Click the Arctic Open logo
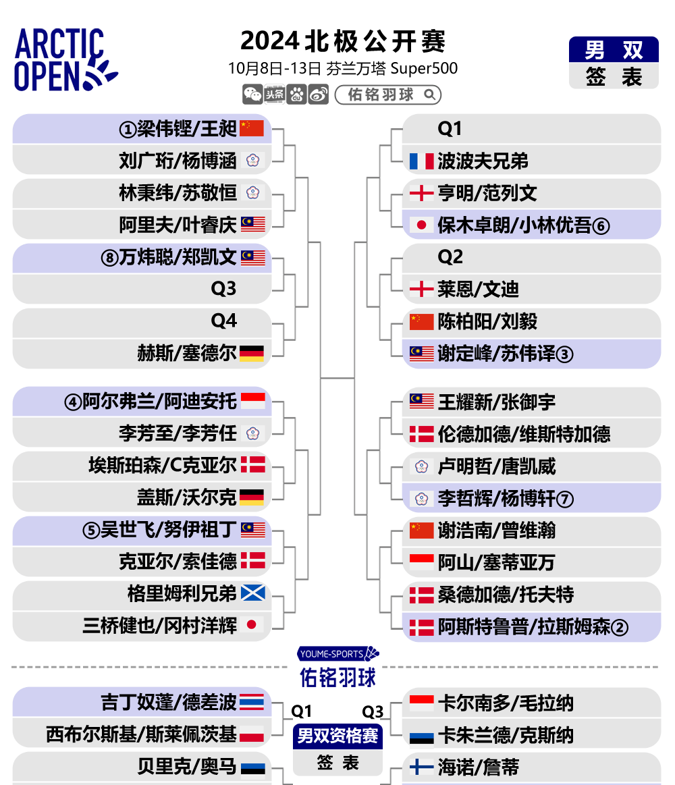coord(65,59)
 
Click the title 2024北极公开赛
coord(342,41)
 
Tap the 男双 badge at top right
coord(614,49)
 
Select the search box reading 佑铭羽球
coord(387,94)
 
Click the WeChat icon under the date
coord(252,94)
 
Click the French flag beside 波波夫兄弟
coord(422,161)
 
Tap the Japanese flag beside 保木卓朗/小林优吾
coord(422,225)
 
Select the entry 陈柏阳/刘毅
coord(487,321)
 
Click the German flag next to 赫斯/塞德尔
coord(252,354)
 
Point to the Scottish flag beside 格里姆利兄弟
coord(253,593)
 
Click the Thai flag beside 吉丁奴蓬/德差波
coord(252,702)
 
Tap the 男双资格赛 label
coord(337,736)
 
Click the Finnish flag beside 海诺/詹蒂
coord(422,767)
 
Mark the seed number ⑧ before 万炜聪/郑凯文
coord(109,258)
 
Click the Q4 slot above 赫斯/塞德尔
coord(224,321)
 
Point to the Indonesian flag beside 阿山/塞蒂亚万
coord(422,562)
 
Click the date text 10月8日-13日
coord(275,69)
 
